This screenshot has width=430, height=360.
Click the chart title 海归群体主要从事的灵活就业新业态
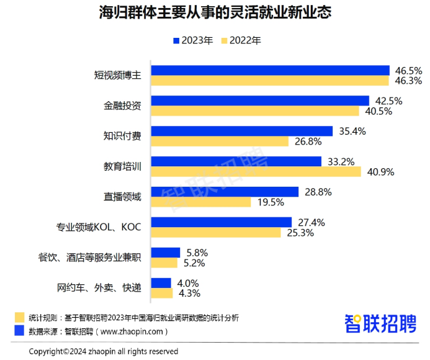215,13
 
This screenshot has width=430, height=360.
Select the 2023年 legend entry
193,41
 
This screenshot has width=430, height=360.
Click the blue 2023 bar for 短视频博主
271,71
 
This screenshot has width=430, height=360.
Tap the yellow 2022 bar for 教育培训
256,172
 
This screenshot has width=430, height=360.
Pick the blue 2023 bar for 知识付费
242,131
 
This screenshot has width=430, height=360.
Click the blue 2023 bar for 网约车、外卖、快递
162,283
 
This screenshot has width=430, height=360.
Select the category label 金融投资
122,106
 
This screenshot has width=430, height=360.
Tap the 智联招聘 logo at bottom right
380,323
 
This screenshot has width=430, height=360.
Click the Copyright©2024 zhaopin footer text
104,351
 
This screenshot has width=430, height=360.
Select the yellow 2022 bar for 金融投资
255,111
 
